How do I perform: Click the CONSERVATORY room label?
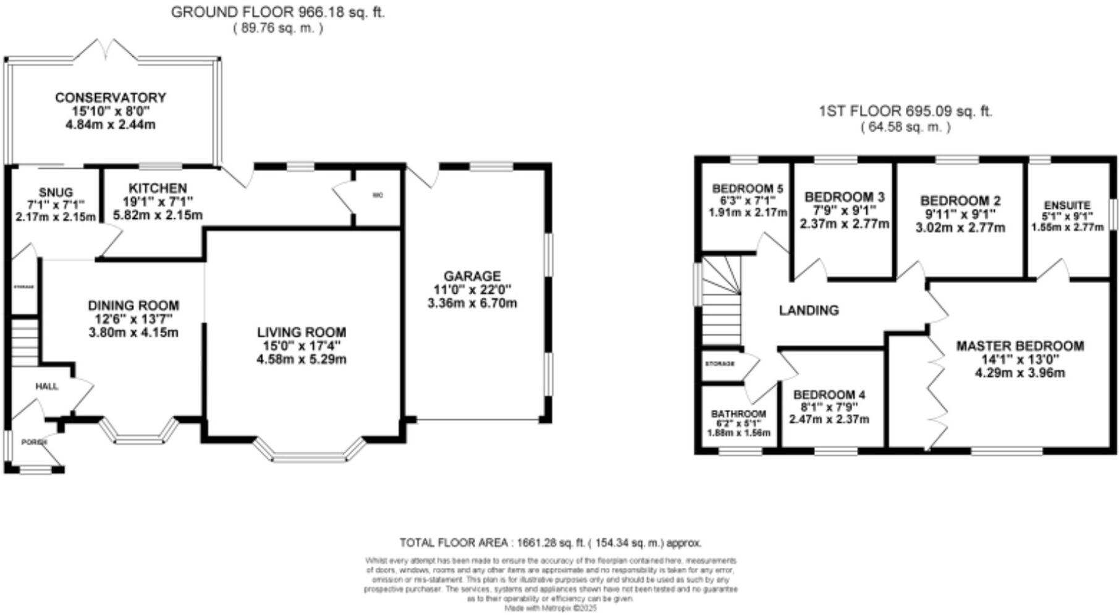[x=110, y=98]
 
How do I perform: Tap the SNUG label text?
[x=56, y=192]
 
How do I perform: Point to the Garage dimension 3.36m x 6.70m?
[x=472, y=303]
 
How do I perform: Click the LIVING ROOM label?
[x=302, y=333]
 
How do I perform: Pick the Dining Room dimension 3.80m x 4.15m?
[x=133, y=333]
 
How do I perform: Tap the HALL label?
[x=46, y=387]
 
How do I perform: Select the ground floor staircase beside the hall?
[x=25, y=343]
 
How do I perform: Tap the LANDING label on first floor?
[x=809, y=310]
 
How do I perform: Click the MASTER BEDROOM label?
[x=1020, y=346]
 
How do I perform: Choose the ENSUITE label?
[x=1067, y=205]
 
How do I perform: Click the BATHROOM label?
[x=738, y=414]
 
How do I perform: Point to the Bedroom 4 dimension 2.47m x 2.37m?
[x=829, y=419]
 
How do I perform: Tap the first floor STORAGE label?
[x=720, y=363]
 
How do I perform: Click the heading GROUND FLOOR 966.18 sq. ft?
[x=277, y=12]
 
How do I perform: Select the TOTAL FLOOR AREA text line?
[x=550, y=543]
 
